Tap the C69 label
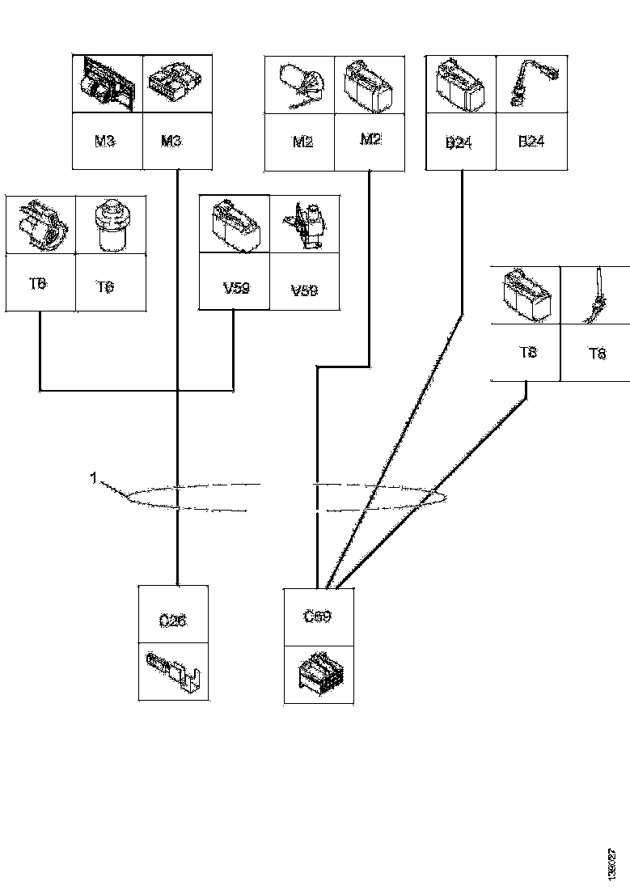317,616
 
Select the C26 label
172,621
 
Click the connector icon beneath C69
317,674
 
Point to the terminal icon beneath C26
172,673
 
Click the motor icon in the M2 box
300,84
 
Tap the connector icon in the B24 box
460,84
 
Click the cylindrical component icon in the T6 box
111,223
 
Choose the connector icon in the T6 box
40,223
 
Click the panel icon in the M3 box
107,84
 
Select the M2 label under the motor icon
302,142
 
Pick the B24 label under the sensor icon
531,142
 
